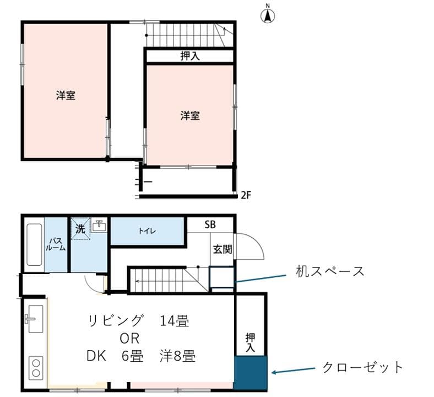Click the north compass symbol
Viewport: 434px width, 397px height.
(x=268, y=15)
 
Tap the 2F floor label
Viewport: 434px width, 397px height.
(x=247, y=195)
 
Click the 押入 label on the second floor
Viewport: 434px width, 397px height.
(x=190, y=56)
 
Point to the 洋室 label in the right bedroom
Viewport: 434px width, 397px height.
(x=190, y=116)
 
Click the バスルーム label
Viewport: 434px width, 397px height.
(x=56, y=244)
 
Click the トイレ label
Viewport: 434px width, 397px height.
(x=147, y=231)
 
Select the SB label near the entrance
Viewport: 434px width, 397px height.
(x=210, y=224)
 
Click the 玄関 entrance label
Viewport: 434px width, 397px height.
(x=223, y=249)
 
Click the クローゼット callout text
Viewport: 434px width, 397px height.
(x=363, y=367)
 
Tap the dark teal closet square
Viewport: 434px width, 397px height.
(x=251, y=373)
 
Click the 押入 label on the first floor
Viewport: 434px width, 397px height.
(x=251, y=342)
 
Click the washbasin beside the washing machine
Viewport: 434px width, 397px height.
(x=100, y=226)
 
